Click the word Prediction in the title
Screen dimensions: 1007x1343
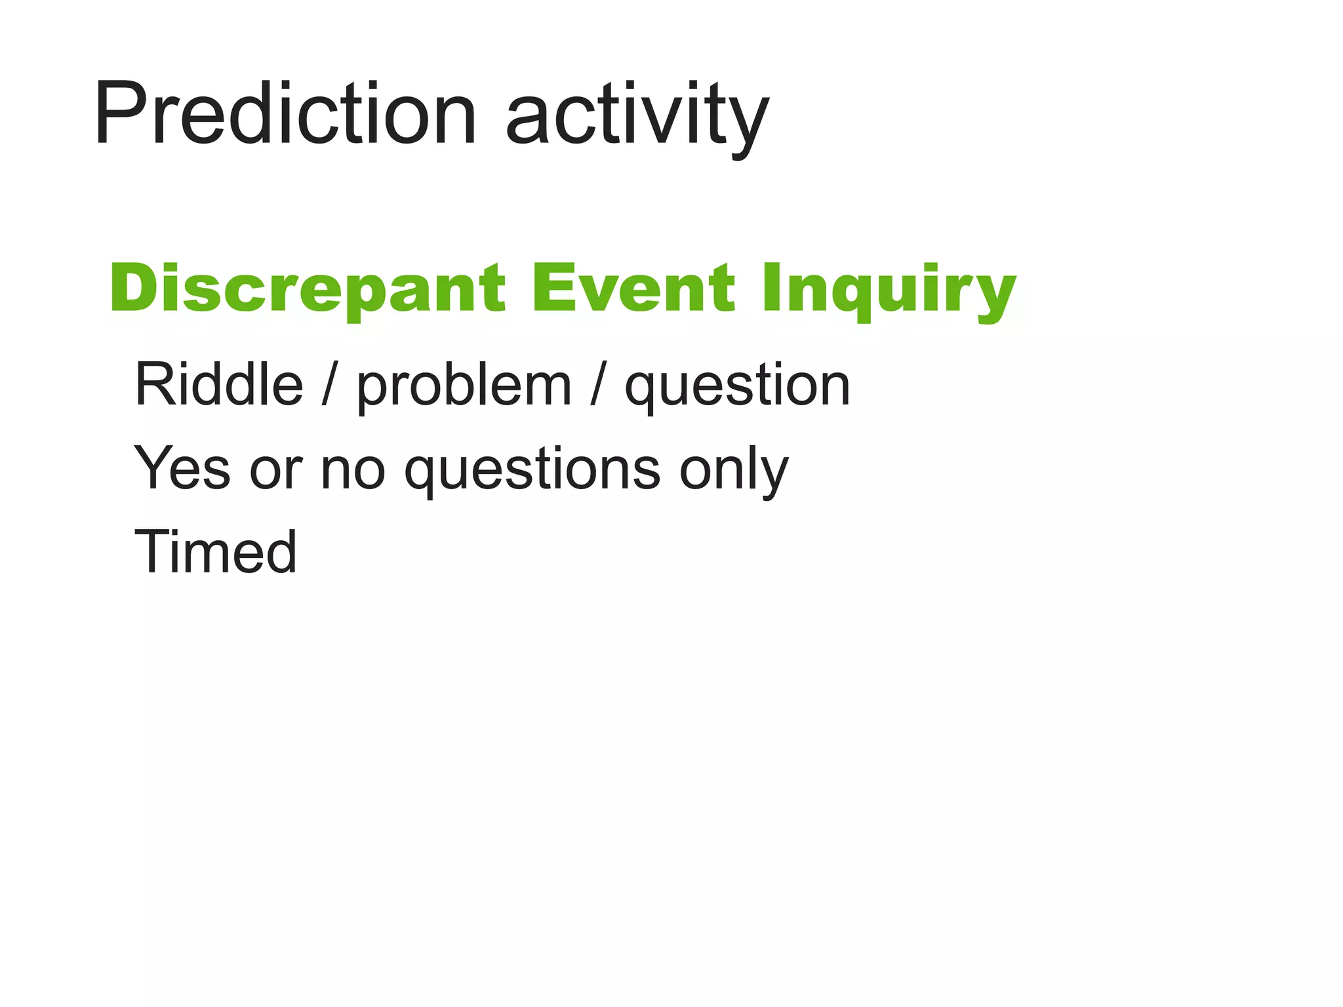(286, 113)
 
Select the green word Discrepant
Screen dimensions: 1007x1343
(308, 289)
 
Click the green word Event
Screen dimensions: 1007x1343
(633, 288)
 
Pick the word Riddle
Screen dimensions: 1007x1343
(219, 385)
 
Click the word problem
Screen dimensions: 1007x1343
(464, 387)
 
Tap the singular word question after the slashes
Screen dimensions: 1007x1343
(737, 387)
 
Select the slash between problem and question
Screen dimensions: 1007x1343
(597, 385)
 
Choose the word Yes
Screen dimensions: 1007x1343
(182, 468)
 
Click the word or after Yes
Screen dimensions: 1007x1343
(275, 471)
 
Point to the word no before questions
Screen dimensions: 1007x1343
(352, 471)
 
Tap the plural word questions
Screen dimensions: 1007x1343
(532, 471)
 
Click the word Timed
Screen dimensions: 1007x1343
(216, 552)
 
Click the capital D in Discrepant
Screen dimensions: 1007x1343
(134, 288)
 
